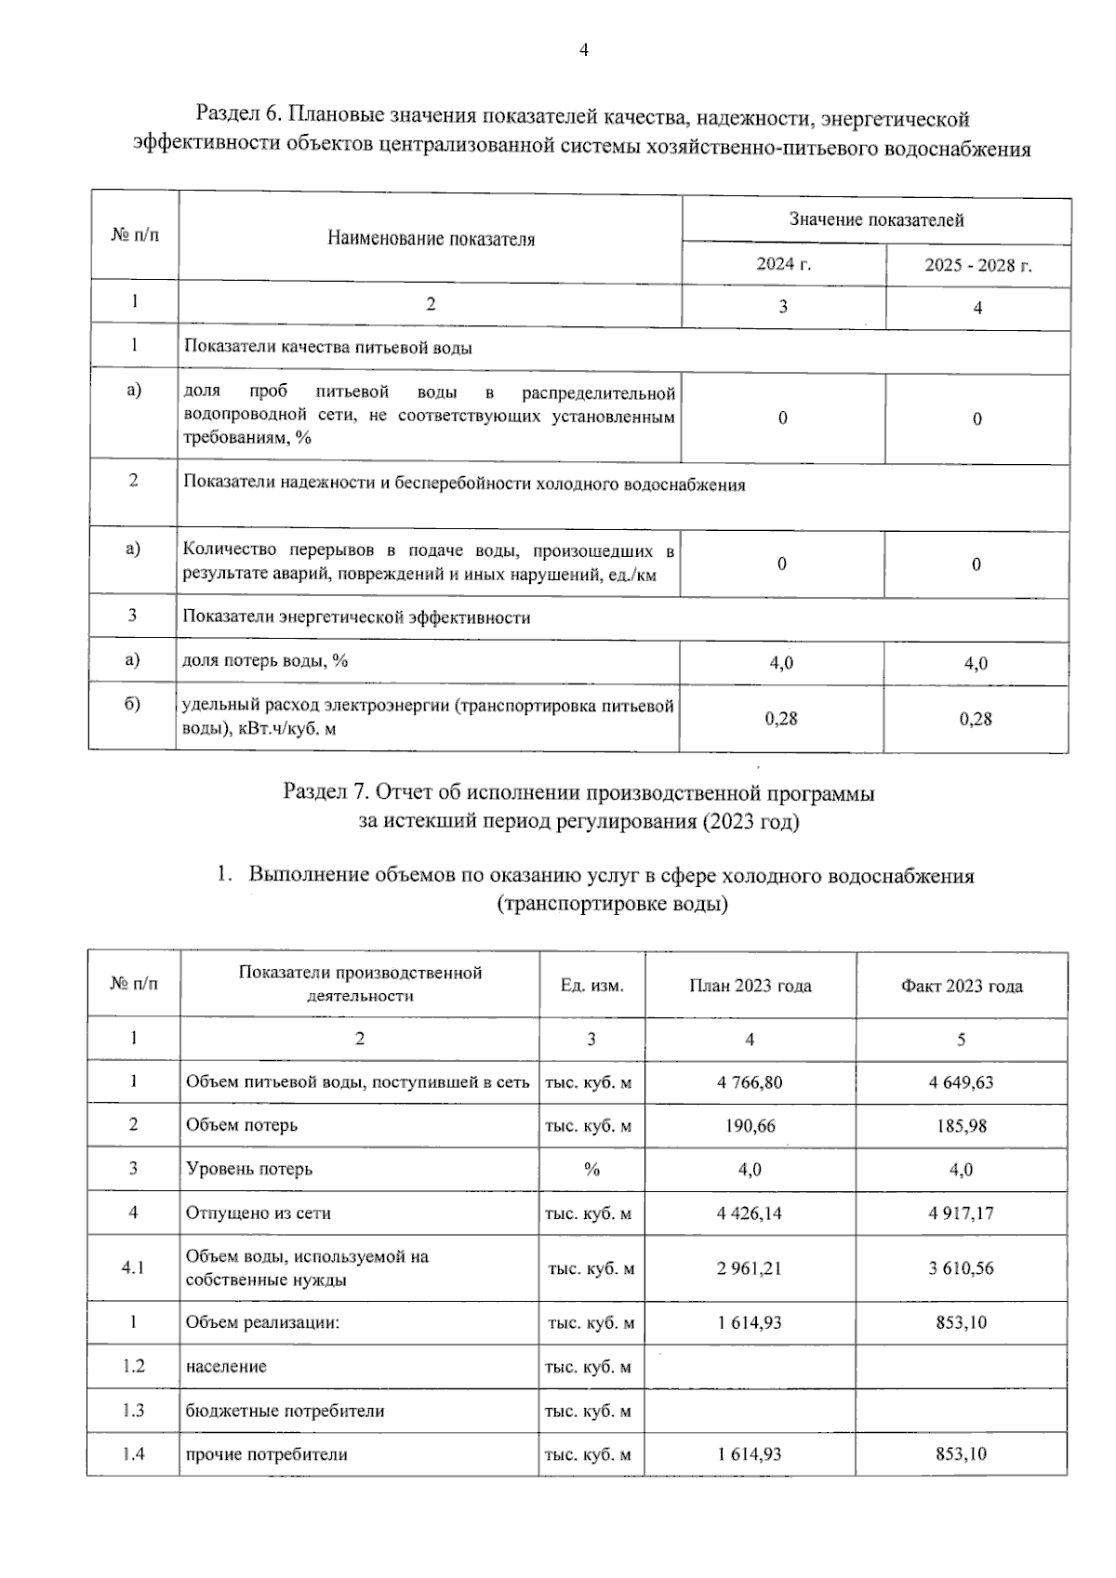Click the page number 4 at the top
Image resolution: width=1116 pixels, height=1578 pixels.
coord(584,50)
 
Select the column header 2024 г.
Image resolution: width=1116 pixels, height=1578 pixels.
coord(783,264)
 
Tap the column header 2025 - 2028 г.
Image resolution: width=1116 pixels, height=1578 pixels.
coord(977,265)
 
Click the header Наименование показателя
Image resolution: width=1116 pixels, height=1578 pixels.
coord(431,239)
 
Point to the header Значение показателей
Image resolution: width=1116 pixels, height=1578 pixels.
coord(876,220)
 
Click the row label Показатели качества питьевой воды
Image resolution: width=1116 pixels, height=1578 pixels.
coord(327,347)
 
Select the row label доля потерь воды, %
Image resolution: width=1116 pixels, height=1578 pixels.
coord(266,660)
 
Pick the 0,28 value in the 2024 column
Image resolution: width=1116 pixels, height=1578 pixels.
coord(781,718)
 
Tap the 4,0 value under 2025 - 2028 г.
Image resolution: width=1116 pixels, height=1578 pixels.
coord(976,663)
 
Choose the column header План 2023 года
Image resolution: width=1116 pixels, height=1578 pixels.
coord(750,986)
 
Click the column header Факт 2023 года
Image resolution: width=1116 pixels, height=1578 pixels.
coord(961,986)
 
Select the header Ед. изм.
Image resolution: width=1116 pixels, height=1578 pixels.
coord(591,985)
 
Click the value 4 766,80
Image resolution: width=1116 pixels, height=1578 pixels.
coord(750,1082)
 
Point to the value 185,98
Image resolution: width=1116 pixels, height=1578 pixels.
coord(961,1126)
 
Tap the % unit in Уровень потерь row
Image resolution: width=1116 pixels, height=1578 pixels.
coord(591,1170)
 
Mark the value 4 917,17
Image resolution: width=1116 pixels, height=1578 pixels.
coord(961,1213)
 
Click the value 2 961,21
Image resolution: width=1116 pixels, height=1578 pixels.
coord(750,1268)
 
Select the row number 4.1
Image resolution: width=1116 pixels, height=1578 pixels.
coord(133,1268)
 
